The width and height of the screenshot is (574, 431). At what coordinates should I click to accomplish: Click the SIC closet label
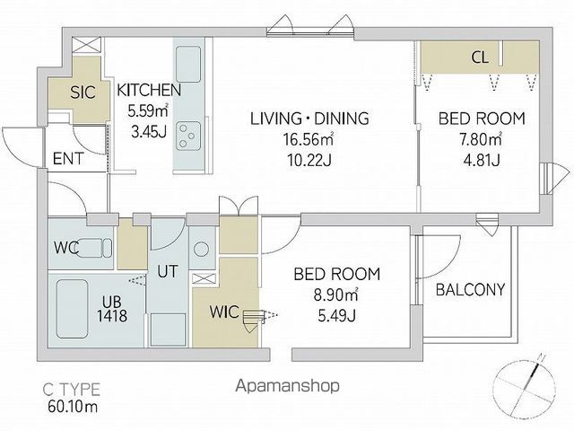coord(83,92)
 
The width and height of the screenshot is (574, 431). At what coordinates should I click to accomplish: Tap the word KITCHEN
coord(149,90)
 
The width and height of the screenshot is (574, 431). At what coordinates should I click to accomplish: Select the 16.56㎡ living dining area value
coord(309,139)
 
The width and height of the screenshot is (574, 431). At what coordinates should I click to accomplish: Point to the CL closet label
coord(480,57)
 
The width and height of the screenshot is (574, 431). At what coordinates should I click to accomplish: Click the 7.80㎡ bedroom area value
coord(481,139)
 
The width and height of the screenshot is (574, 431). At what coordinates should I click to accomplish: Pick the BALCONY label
coord(470,290)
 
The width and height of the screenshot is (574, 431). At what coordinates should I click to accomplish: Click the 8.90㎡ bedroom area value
coord(336,295)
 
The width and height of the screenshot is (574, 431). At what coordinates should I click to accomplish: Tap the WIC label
coord(224,312)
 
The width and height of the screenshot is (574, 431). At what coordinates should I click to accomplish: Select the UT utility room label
coord(168,271)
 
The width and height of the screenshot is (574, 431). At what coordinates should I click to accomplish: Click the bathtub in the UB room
coord(73,309)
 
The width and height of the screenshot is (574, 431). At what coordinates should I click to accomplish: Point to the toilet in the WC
coord(93,248)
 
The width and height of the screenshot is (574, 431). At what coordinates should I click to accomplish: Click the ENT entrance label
coord(68,159)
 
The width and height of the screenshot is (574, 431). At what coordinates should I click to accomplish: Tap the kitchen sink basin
coord(188,64)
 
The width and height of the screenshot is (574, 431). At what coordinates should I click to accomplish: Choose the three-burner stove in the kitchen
coord(188,136)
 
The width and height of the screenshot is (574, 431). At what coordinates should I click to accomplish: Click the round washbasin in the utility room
coord(201,250)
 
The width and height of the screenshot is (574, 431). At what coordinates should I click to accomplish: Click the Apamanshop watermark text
coord(287,385)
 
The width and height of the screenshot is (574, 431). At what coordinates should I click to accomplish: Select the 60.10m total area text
coord(73,406)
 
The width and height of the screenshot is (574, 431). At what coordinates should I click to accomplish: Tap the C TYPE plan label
coord(72,389)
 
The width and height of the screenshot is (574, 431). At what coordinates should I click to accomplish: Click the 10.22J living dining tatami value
coord(309,160)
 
